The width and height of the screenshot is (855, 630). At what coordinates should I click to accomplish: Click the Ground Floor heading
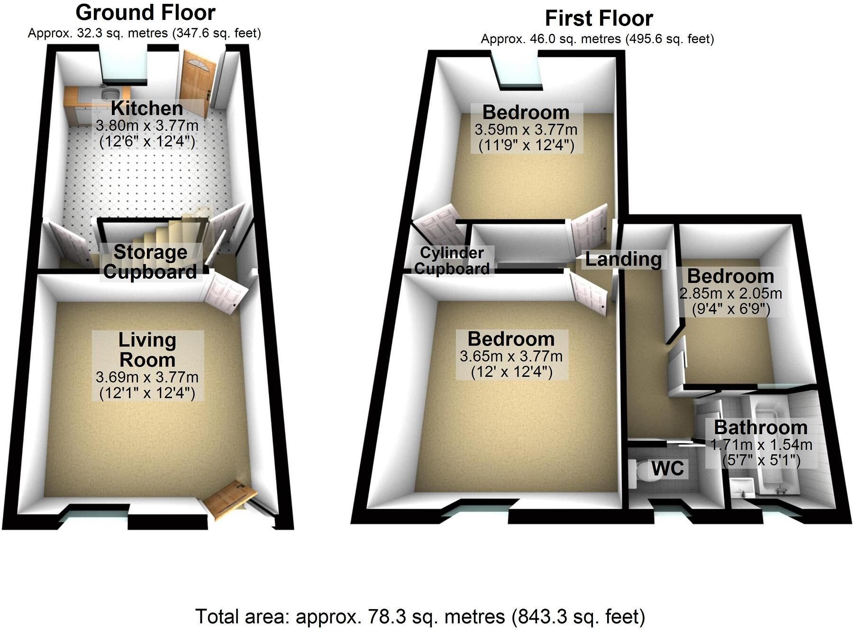tap(145, 13)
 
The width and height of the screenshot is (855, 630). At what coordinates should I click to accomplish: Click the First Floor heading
tap(599, 18)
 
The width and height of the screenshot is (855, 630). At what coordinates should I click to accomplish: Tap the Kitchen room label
tap(147, 109)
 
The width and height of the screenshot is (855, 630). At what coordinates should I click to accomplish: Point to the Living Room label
tap(147, 350)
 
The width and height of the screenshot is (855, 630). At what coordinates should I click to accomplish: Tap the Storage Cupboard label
tap(150, 262)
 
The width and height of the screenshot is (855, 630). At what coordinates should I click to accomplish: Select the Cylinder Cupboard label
tap(452, 261)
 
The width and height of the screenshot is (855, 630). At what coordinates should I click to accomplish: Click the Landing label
tap(623, 259)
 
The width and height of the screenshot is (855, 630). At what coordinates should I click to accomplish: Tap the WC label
tap(668, 468)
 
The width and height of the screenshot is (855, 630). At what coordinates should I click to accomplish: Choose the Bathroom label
tap(761, 428)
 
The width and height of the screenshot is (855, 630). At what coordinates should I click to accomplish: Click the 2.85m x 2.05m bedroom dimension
tap(730, 293)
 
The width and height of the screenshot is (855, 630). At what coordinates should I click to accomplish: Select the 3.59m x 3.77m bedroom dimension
tap(526, 129)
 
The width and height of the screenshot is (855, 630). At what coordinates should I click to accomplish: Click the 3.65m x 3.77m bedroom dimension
tap(511, 356)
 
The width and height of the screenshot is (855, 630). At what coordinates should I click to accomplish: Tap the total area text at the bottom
tap(420, 617)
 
